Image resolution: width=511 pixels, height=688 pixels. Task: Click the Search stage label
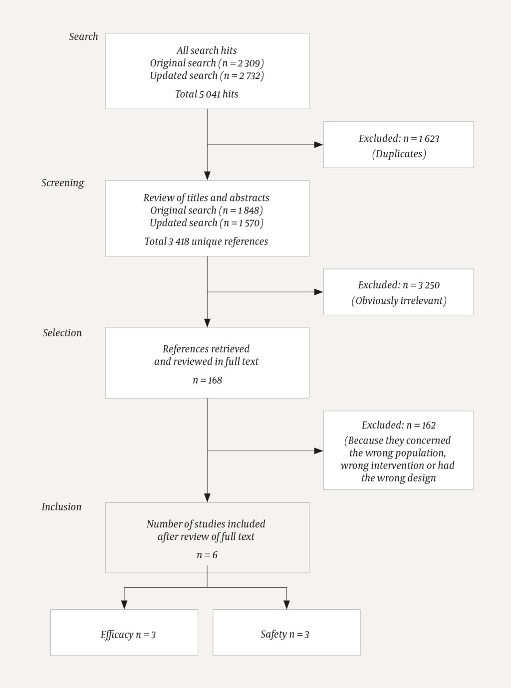[83, 36]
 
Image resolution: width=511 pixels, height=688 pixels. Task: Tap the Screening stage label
[63, 183]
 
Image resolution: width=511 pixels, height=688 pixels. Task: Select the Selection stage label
[62, 333]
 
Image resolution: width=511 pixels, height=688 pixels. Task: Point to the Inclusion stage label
[61, 507]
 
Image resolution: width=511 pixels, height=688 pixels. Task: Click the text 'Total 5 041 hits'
[207, 94]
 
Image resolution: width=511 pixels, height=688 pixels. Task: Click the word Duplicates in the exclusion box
[399, 154]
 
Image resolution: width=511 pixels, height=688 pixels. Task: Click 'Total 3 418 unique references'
[206, 241]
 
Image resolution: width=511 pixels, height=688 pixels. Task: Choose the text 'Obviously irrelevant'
[399, 301]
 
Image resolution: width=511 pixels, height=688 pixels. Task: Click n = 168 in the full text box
[207, 380]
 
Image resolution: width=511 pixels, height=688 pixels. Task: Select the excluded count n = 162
[421, 426]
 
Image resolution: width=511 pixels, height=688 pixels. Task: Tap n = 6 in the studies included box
[207, 555]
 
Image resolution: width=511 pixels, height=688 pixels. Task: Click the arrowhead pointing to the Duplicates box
[318, 145]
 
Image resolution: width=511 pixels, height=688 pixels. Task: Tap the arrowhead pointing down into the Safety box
[286, 605]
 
